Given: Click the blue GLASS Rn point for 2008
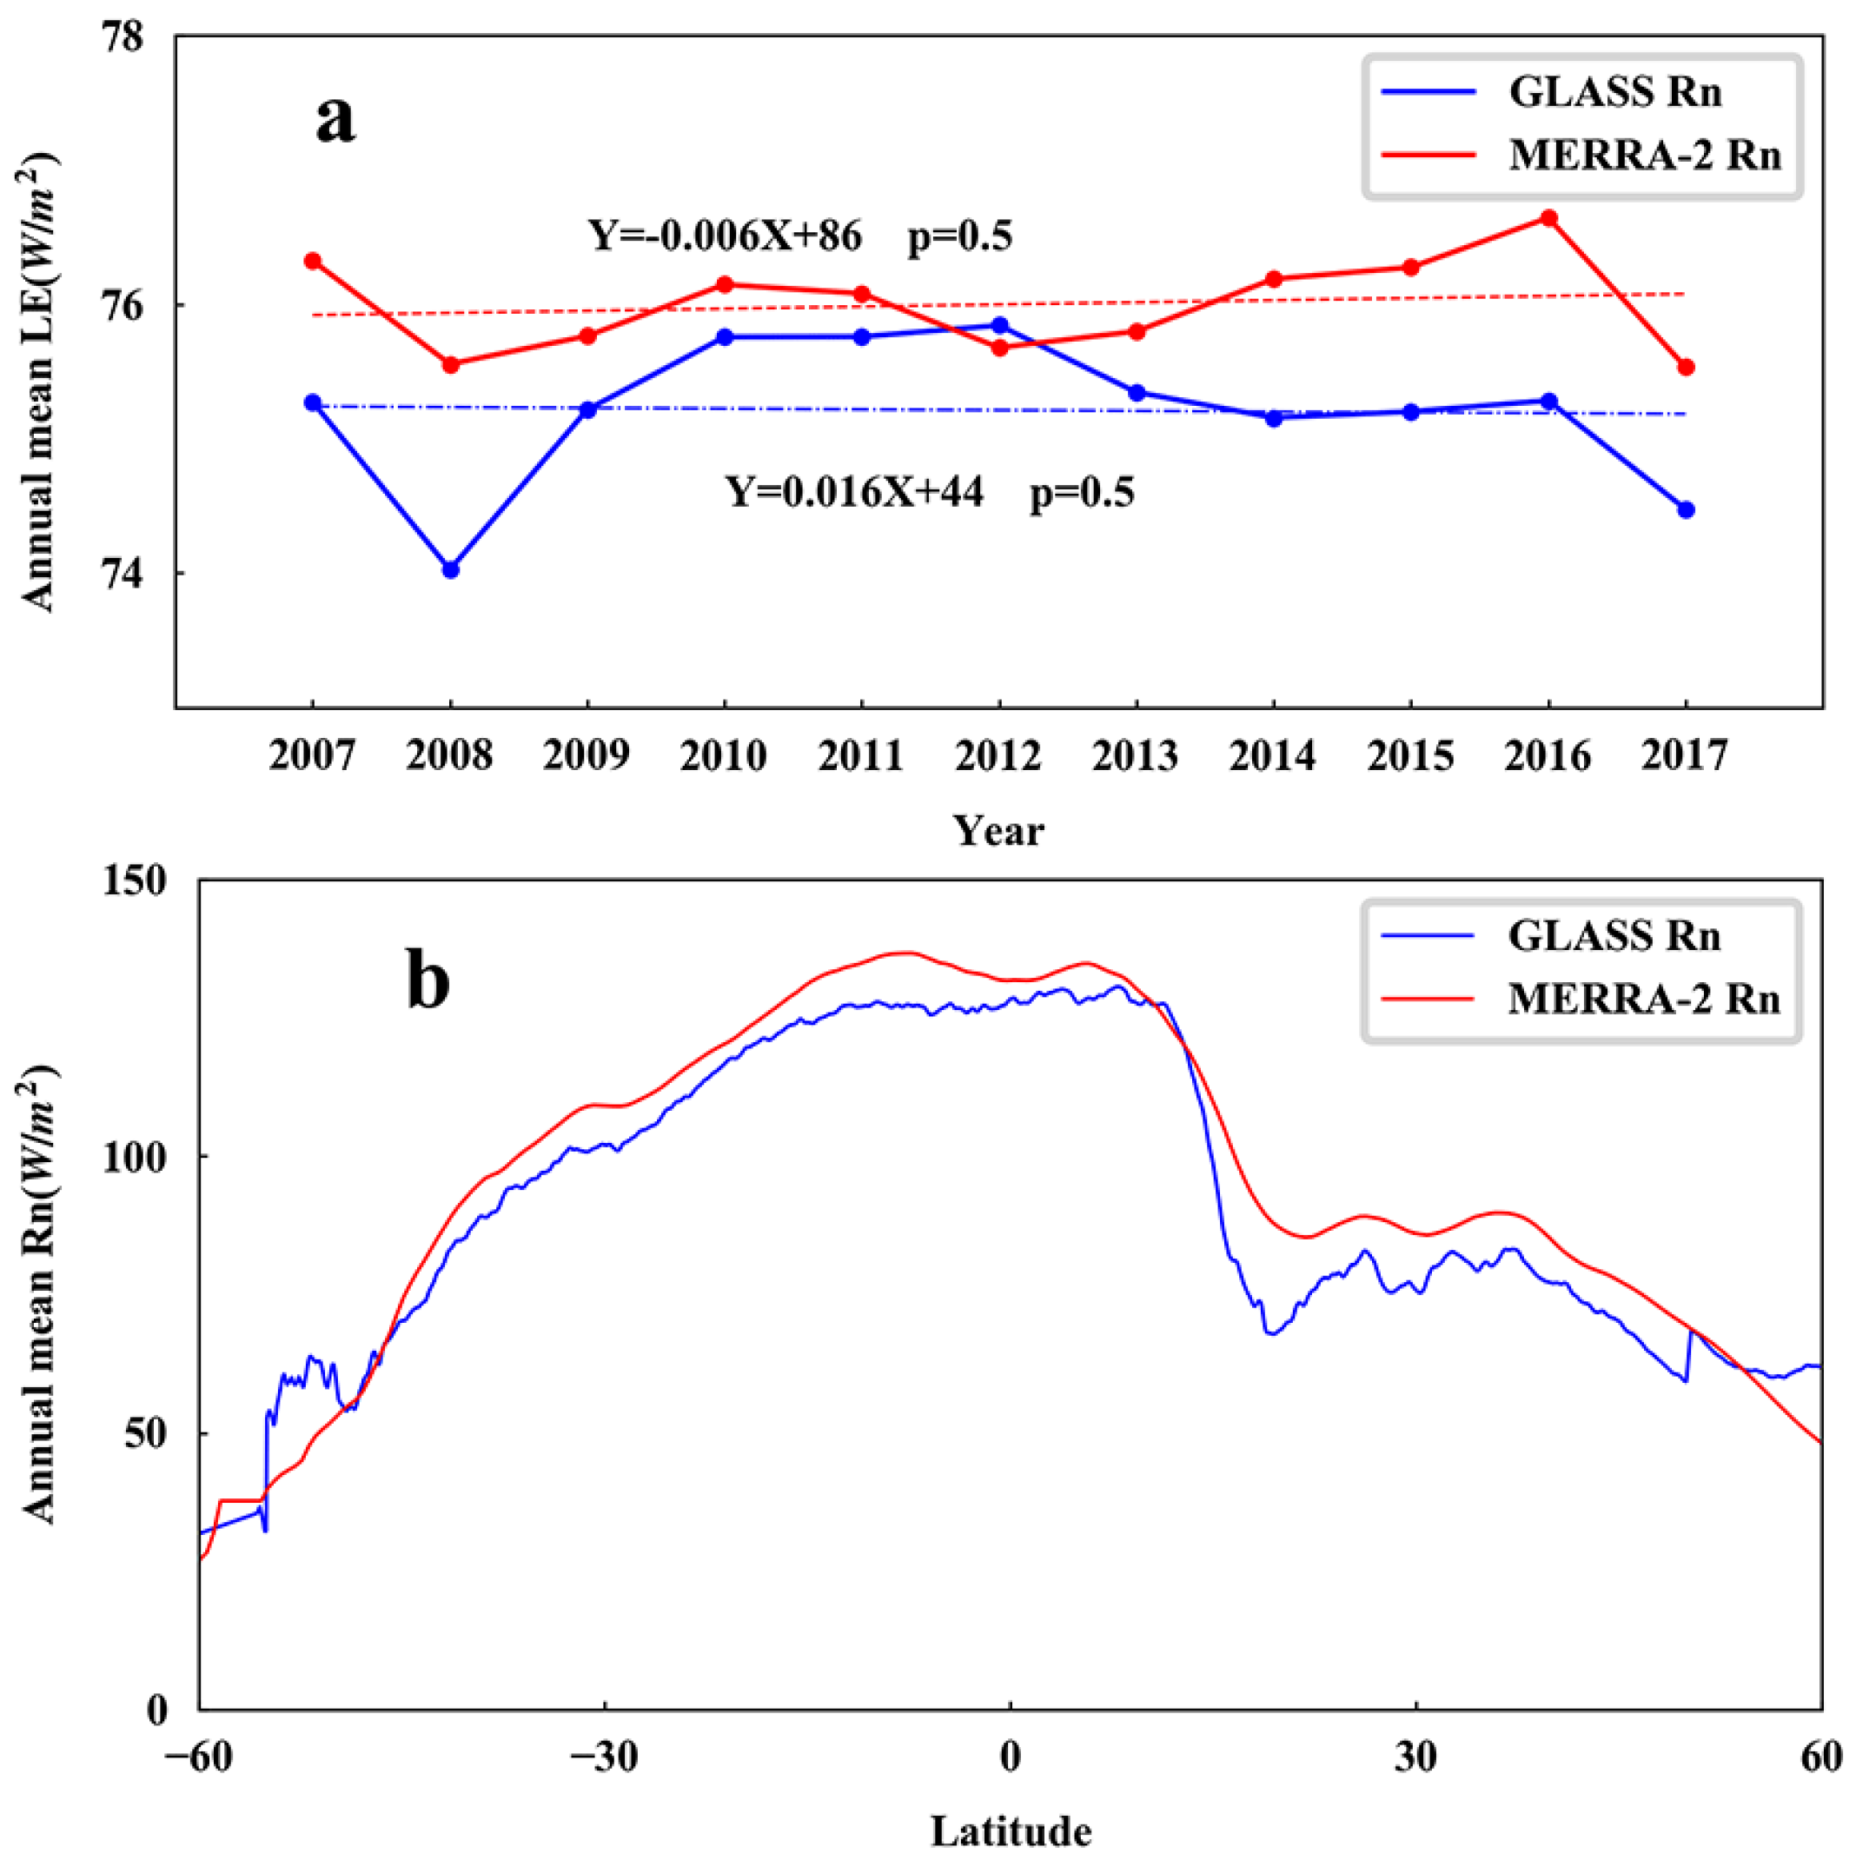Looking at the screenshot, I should click(x=450, y=570).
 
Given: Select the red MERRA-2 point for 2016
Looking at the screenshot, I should click(x=1548, y=218).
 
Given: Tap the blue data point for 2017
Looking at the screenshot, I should click(x=1686, y=510).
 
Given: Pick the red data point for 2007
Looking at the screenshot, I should click(x=313, y=261).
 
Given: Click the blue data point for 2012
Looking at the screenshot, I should click(x=1000, y=326).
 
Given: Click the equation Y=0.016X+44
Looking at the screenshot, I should click(x=855, y=493).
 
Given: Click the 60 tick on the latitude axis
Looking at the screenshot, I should click(x=1821, y=1757).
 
